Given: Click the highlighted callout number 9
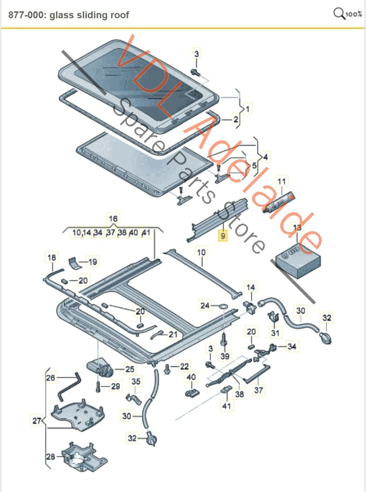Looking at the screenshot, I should tap(223, 235).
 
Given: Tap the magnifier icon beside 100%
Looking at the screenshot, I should tap(339, 13).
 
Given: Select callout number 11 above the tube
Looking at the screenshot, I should tap(281, 181).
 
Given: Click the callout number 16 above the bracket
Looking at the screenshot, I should tap(113, 219).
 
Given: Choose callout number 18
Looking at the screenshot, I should tap(51, 257).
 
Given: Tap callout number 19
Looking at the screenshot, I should tap(92, 262).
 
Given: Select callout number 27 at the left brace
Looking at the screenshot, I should tap(37, 421).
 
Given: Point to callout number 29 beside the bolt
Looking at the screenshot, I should tap(115, 386).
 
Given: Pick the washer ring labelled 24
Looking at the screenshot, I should tap(224, 306).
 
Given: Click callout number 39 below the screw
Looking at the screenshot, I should tap(225, 356).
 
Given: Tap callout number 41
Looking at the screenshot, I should tap(226, 406).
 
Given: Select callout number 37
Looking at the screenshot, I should tap(258, 390).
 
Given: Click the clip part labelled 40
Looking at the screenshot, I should tap(192, 393).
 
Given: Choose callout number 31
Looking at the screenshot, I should tap(275, 333).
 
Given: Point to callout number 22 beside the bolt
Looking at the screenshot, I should tap(185, 366).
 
